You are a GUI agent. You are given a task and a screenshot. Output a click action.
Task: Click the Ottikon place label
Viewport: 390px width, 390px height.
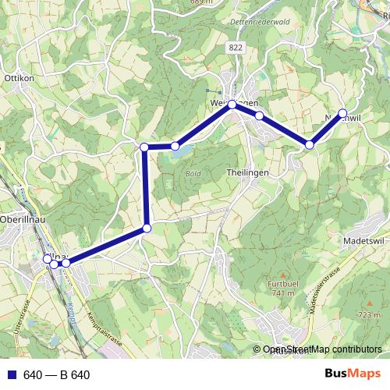pyautogui.click(x=19, y=79)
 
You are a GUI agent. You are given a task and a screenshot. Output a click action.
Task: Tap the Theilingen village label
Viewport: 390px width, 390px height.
pyautogui.click(x=247, y=172)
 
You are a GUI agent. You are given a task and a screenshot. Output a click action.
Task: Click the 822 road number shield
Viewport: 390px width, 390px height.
pyautogui.click(x=236, y=48)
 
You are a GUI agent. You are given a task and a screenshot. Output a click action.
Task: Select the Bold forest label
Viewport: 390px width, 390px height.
pyautogui.click(x=193, y=173)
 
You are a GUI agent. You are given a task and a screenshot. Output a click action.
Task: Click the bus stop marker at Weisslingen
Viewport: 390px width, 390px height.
pyautogui.click(x=232, y=104)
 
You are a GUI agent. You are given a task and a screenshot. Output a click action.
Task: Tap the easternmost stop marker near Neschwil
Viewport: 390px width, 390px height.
pyautogui.click(x=342, y=112)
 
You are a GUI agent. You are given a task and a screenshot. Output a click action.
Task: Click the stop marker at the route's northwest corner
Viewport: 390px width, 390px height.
pyautogui.click(x=144, y=147)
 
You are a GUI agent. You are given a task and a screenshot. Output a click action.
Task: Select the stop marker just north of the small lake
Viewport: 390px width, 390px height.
pyautogui.click(x=175, y=146)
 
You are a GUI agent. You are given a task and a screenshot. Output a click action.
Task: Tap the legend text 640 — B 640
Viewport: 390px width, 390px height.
pyautogui.click(x=56, y=375)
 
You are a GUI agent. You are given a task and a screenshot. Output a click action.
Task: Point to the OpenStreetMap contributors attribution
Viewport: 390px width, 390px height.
pyautogui.click(x=321, y=350)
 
